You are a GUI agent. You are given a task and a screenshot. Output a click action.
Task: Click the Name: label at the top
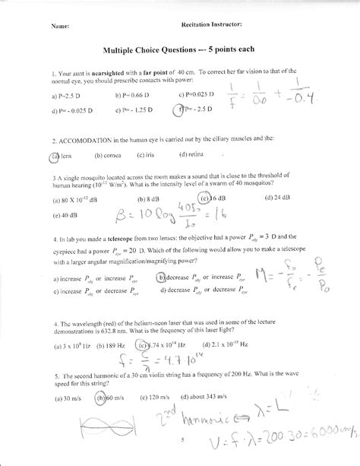click(60, 24)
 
